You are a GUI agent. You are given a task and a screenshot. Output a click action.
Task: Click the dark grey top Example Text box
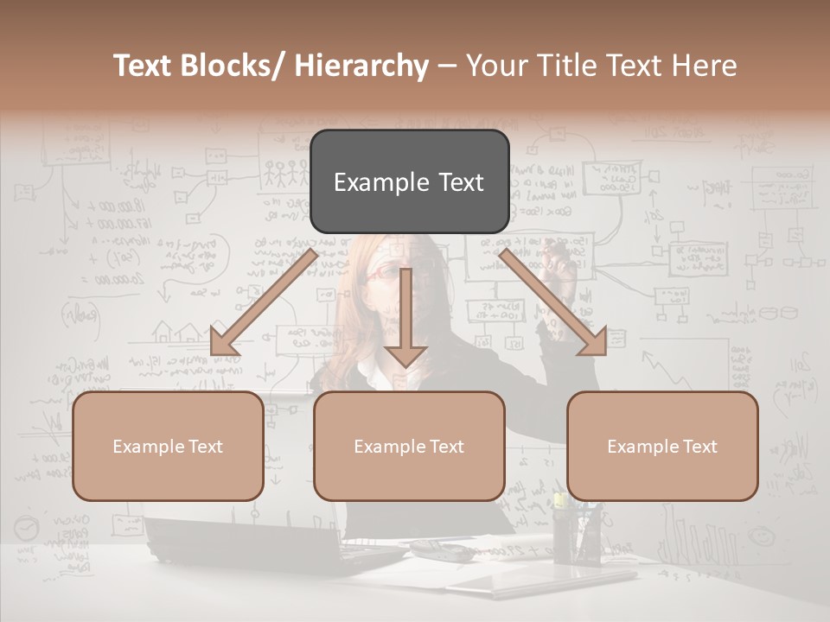409,181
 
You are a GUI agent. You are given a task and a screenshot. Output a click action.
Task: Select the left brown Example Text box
168,446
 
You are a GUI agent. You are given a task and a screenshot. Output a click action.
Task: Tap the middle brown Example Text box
409,446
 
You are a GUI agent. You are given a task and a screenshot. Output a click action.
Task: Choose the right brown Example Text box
662,446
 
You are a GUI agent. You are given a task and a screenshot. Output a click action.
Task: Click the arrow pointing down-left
264,302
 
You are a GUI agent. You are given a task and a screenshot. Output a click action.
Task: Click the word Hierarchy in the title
361,66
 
